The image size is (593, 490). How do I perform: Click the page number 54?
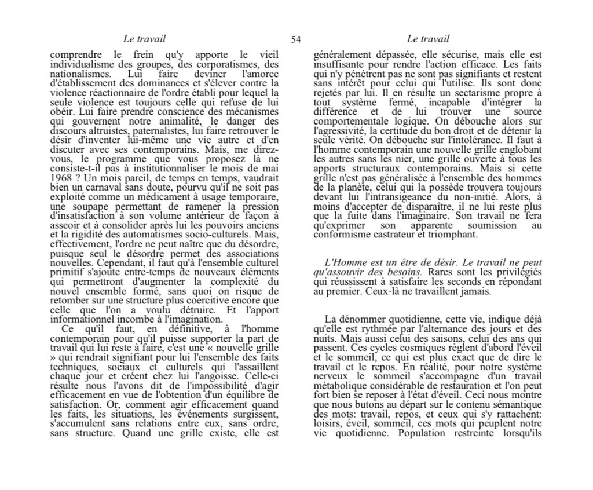click(x=296, y=39)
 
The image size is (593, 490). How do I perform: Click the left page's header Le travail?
click(x=144, y=39)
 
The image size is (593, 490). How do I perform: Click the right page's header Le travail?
click(x=428, y=39)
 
